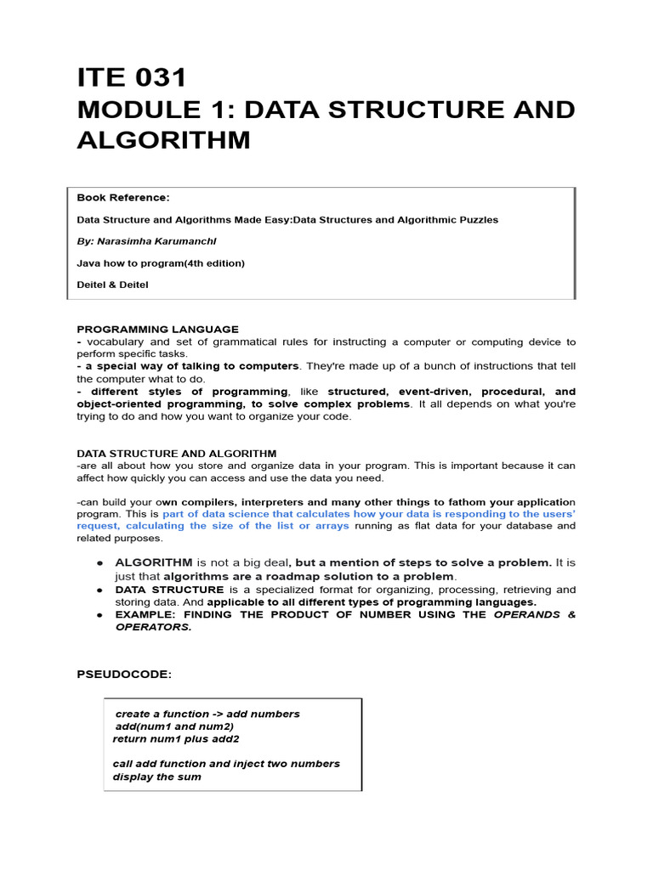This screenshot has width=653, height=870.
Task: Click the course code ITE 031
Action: [x=131, y=78]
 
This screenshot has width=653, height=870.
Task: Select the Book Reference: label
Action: [x=123, y=197]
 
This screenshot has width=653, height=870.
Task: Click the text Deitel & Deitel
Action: [x=112, y=285]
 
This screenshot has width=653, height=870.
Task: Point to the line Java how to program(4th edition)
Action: [x=161, y=263]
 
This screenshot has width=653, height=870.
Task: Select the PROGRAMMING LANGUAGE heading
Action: [x=157, y=329]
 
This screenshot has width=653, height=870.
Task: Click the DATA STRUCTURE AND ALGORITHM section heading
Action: [x=176, y=454]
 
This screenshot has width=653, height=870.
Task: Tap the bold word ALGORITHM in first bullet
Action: [x=153, y=562]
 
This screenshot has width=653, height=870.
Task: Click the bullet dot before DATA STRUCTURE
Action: [x=99, y=590]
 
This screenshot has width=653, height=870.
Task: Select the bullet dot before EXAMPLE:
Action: [x=99, y=614]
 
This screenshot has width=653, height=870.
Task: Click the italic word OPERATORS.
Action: [x=153, y=627]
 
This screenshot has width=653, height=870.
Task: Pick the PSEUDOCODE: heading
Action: [x=124, y=674]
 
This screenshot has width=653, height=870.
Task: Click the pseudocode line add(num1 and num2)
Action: [x=174, y=726]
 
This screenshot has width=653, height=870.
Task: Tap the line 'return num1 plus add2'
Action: [x=176, y=738]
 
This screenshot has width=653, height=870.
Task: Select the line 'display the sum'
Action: [x=156, y=777]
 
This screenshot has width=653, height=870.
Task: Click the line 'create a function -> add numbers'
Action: [x=207, y=714]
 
